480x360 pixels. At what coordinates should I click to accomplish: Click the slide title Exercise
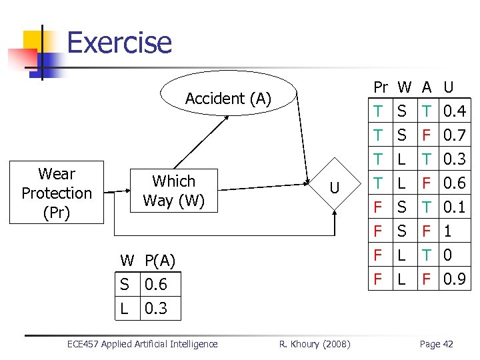119,43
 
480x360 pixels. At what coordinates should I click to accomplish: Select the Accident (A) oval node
228,99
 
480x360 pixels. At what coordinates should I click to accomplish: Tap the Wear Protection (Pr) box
57,193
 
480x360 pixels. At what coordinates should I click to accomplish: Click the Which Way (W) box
173,191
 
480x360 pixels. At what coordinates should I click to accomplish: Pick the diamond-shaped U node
335,189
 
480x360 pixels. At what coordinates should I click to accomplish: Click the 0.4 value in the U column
455,111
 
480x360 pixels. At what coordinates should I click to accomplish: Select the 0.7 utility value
455,135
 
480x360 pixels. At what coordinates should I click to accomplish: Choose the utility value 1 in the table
448,231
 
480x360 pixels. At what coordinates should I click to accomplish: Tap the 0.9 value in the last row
455,279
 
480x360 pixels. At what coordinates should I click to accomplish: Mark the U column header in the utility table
449,87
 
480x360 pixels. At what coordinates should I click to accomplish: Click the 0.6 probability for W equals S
155,285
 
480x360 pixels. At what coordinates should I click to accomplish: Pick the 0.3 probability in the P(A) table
155,308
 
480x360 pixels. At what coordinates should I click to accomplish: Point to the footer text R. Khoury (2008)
311,344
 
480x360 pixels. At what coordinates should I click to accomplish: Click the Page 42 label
436,344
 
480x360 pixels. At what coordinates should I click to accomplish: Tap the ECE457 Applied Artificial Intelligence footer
143,344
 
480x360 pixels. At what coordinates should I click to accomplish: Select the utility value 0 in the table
448,255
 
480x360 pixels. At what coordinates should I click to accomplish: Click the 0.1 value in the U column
455,207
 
